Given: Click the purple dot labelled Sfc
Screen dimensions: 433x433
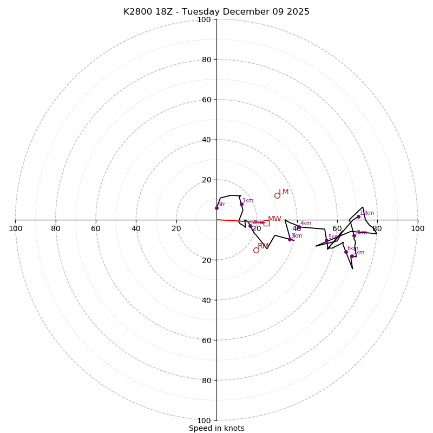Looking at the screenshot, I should tap(216, 208).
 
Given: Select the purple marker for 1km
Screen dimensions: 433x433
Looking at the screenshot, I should tap(241, 204).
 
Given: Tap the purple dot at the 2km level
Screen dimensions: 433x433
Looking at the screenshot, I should tap(250, 226).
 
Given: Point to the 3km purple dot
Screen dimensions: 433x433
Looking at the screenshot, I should tap(290, 239).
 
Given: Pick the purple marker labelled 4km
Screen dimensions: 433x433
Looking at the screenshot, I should tap(299, 227).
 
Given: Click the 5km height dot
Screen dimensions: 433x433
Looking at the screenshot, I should tap(326, 240).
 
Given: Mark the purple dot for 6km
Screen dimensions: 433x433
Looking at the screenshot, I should tap(346, 252).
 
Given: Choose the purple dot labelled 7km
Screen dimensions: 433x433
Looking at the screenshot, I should tap(352, 256).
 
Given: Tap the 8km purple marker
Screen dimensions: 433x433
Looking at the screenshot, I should tap(355, 235).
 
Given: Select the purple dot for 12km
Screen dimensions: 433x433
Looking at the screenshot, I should tap(358, 216).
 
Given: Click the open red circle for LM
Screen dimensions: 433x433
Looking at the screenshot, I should tap(277, 195).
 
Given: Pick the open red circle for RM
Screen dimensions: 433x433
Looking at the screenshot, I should tap(256, 250).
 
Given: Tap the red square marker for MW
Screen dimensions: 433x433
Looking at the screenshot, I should tap(266, 223).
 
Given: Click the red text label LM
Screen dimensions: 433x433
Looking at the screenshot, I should tap(284, 192).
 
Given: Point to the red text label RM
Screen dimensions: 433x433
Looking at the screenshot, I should tap(263, 246).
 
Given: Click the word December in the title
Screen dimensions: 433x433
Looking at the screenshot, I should tap(244, 12).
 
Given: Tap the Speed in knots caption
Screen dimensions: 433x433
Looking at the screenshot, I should tap(216, 428).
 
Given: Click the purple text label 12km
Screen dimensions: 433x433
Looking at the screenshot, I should tap(367, 213).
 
